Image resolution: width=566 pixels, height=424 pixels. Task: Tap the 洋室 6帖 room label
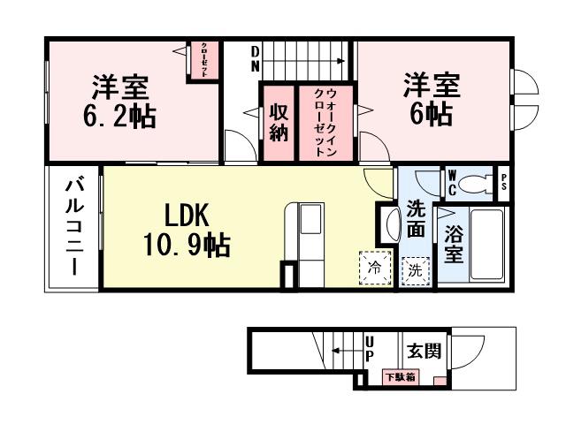tap(431, 100)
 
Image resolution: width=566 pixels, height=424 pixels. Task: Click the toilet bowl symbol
tap(478, 183)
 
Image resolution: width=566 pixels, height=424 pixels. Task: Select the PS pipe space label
tap(504, 184)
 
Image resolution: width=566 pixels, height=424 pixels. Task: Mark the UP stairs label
tap(370, 348)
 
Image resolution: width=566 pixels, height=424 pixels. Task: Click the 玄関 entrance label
tap(424, 351)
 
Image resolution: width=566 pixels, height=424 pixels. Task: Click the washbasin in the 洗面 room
tap(388, 226)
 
